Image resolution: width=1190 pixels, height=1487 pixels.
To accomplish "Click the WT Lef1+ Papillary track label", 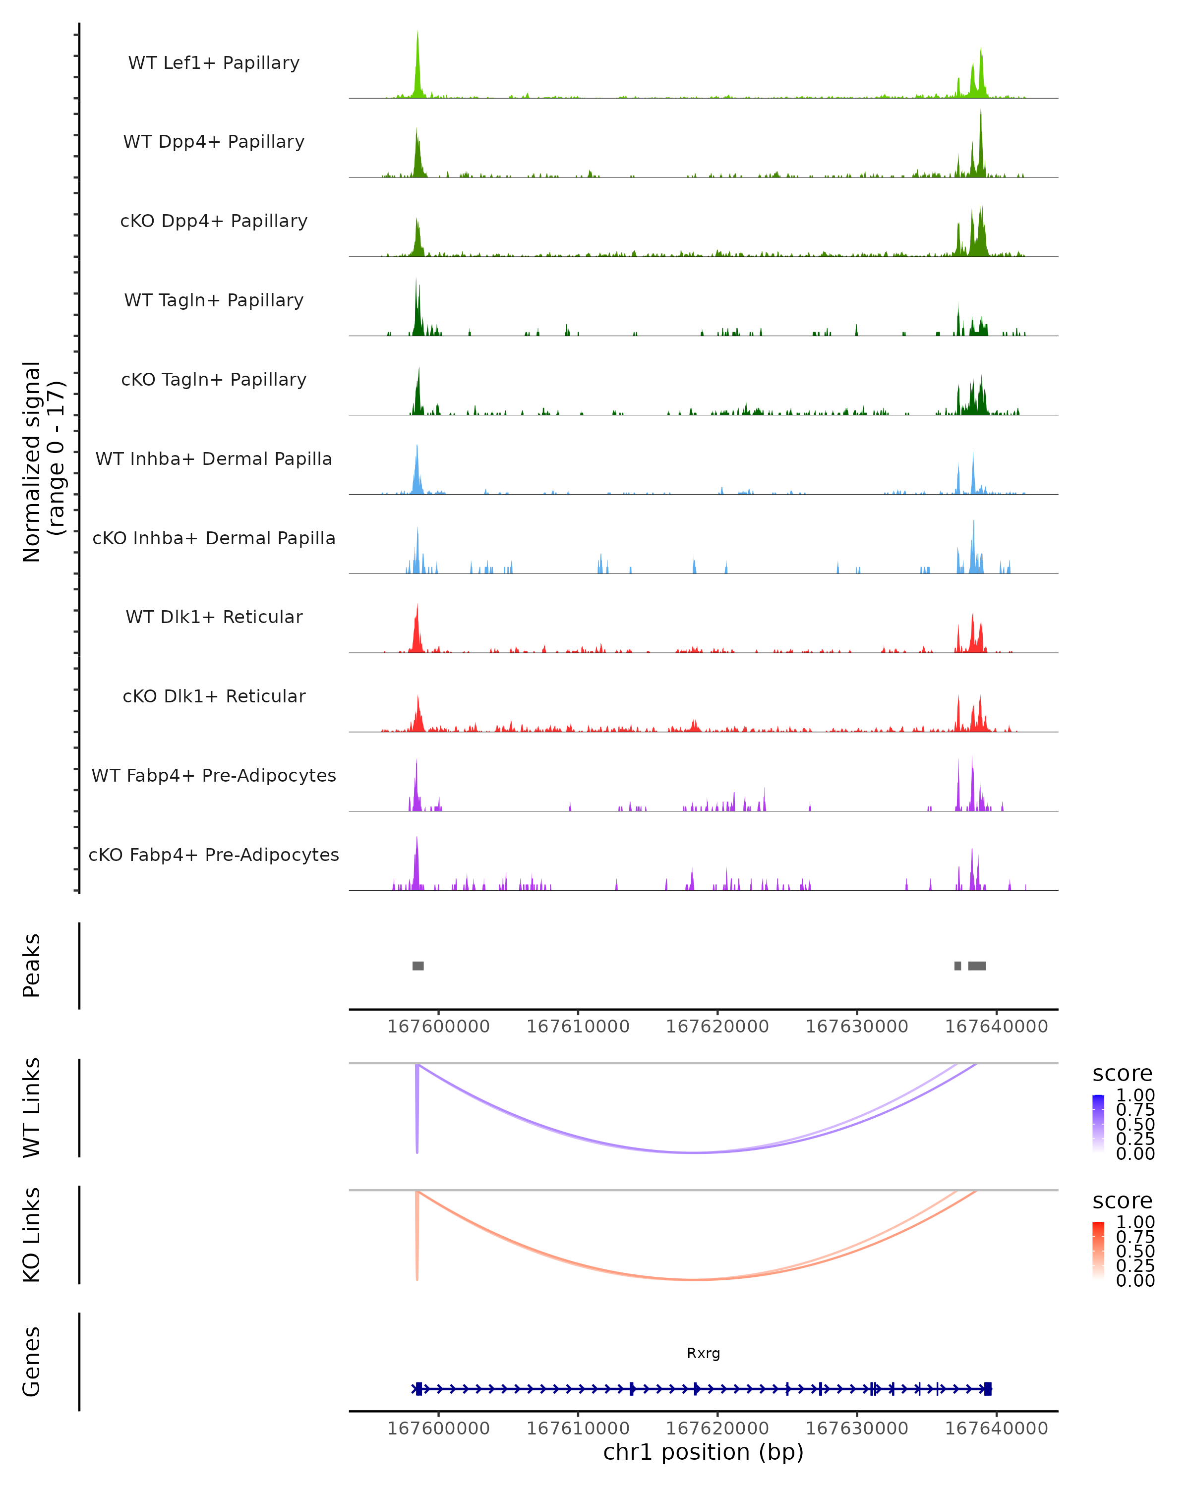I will coord(214,63).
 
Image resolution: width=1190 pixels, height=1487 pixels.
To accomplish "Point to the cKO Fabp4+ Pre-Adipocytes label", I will coord(214,855).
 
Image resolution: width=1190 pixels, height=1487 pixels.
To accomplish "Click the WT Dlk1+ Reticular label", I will coord(214,617).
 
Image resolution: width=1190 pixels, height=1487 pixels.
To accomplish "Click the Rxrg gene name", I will coord(703,1353).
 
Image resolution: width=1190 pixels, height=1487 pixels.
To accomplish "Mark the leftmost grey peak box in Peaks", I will coord(418,966).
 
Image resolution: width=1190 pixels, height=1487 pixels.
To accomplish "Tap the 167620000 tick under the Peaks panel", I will coord(717,1027).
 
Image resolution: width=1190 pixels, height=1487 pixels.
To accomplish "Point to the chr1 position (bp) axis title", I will coord(703,1452).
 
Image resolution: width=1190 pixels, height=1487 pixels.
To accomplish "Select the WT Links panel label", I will coord(32,1108).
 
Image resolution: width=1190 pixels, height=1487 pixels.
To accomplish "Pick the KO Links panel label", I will coord(32,1235).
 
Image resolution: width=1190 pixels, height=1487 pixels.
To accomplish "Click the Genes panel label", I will coord(32,1362).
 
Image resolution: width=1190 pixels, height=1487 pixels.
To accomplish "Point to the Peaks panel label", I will coord(32,966).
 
